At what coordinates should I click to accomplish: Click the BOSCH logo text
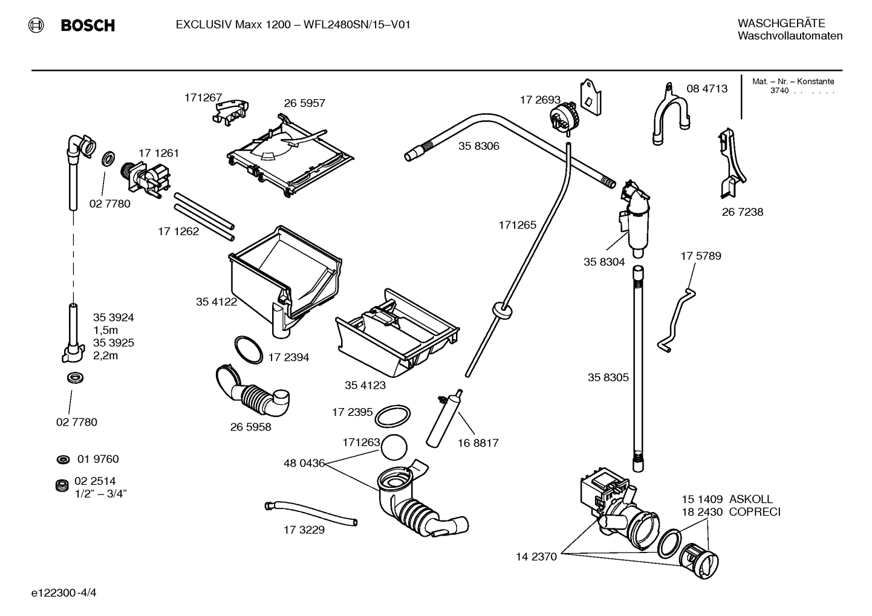point(88,25)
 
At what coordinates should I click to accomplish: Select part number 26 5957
point(304,103)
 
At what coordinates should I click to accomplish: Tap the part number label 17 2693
point(540,100)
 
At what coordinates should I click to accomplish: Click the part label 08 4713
point(707,89)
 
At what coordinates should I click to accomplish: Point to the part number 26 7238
point(742,212)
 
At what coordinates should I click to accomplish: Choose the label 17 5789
point(701,256)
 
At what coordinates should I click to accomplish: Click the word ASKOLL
point(750,499)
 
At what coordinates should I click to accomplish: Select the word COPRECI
point(755,512)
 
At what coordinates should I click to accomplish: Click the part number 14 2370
point(536,557)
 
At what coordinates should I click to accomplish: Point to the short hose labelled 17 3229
point(311,513)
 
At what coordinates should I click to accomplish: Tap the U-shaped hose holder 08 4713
point(669,117)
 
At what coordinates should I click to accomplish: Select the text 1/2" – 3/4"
point(100,494)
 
